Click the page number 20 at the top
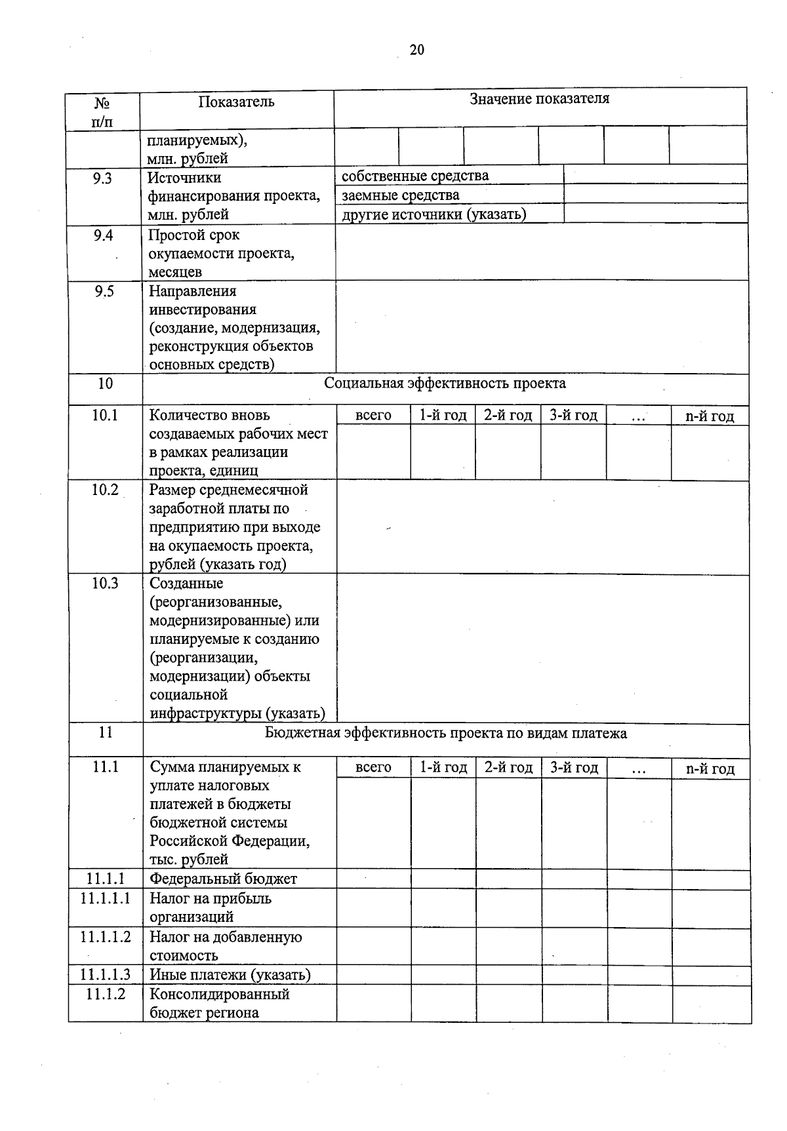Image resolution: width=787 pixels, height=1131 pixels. [417, 50]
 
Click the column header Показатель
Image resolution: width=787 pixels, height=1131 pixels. [237, 102]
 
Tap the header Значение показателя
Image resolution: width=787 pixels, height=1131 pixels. [539, 99]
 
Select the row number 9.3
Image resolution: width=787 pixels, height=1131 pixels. [102, 178]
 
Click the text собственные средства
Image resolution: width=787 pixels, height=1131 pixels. [415, 176]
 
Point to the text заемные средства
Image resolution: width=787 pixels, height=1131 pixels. [400, 195]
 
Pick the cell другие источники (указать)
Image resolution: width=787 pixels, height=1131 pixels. [434, 214]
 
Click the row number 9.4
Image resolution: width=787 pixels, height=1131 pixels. [103, 235]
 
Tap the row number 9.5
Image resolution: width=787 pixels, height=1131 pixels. [104, 291]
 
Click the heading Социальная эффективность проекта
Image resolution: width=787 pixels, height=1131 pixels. [445, 384]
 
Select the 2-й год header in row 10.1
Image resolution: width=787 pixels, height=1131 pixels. [508, 416]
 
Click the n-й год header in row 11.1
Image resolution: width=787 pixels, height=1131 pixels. [710, 768]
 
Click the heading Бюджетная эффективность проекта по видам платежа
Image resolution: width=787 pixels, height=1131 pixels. [445, 733]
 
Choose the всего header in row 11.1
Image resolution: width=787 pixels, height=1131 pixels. [373, 768]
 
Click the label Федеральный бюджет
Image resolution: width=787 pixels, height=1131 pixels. [223, 879]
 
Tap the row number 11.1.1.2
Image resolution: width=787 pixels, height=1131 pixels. [106, 937]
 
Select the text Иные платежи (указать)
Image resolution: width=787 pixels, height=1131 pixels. [230, 975]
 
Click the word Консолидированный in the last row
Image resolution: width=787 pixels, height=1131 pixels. [220, 994]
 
